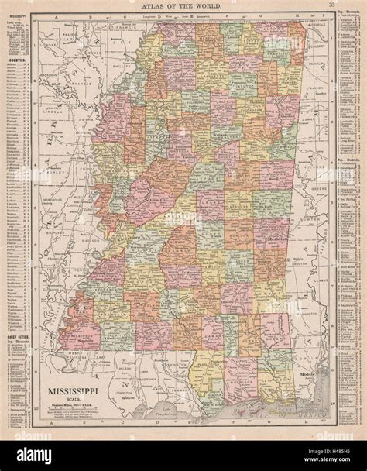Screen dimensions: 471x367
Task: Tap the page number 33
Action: pos(331,5)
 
